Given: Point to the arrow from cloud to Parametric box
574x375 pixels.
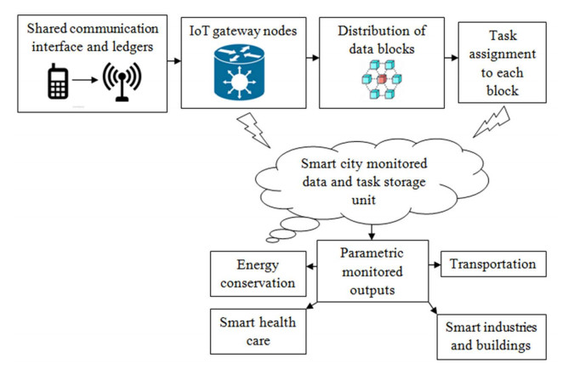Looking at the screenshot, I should tap(372, 230).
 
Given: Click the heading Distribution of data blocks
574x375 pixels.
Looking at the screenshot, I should tap(383, 41).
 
